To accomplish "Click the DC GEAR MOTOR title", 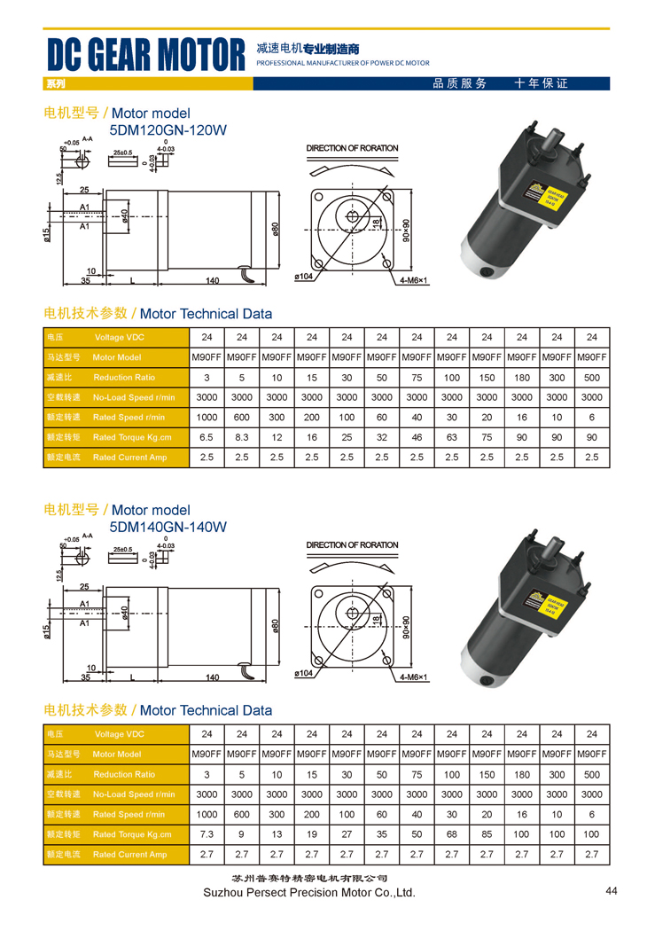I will point(145,56).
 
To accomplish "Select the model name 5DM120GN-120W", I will point(168,130).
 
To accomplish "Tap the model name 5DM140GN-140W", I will point(168,528).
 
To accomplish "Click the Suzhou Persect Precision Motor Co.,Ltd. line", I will point(309,893).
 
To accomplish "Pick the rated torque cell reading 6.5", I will point(207,437).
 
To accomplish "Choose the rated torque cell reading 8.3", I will point(242,437).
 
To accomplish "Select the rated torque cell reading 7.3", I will point(207,834).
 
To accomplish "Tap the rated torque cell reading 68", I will point(452,834).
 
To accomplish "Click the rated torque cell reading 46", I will point(417,437).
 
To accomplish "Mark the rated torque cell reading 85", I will point(487,834).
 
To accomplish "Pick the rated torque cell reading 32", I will point(382,437).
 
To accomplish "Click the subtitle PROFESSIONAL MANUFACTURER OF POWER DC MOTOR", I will point(342,64).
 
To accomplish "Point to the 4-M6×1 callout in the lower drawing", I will point(413,678).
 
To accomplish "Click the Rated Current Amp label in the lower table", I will point(129,855).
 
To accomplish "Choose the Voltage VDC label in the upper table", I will point(119,338).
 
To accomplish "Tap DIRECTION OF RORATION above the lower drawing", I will point(352,545).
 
